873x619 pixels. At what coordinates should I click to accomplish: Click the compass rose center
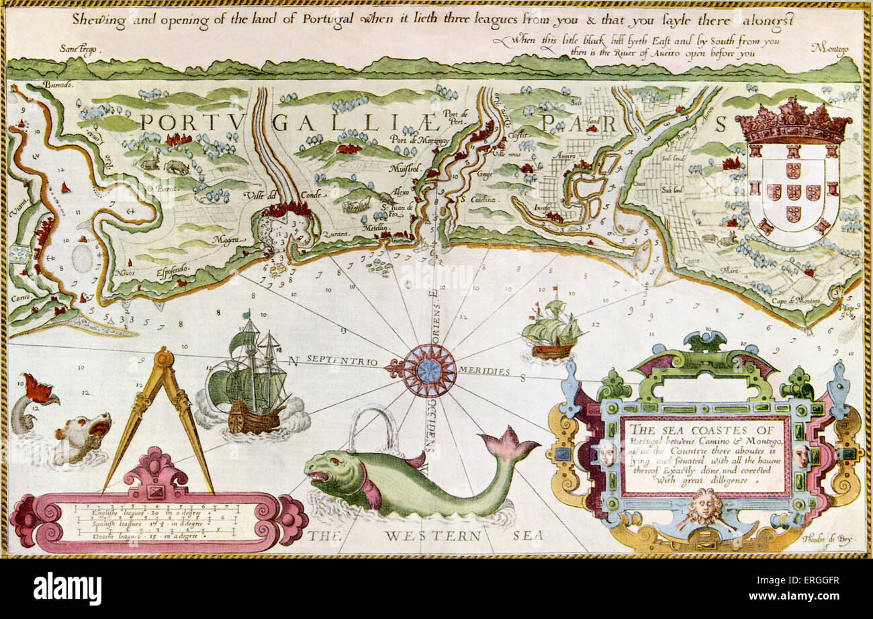point(428,370)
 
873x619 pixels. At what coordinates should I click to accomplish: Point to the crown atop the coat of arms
point(793,122)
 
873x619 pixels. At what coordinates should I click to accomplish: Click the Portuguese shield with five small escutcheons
point(793,191)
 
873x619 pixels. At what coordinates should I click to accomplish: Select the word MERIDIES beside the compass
point(484,371)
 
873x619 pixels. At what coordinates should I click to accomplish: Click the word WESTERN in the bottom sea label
point(432,536)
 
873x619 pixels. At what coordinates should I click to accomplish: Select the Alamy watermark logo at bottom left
point(67,588)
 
